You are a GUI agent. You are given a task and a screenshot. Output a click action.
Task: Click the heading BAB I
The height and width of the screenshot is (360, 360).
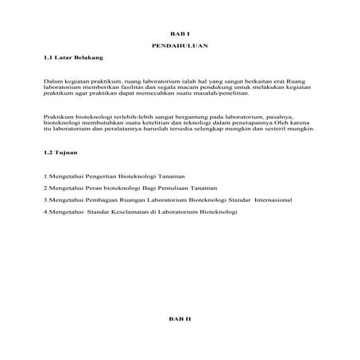tap(180, 34)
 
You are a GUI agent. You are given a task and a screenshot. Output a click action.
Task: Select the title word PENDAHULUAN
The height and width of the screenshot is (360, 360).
tap(180, 47)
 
